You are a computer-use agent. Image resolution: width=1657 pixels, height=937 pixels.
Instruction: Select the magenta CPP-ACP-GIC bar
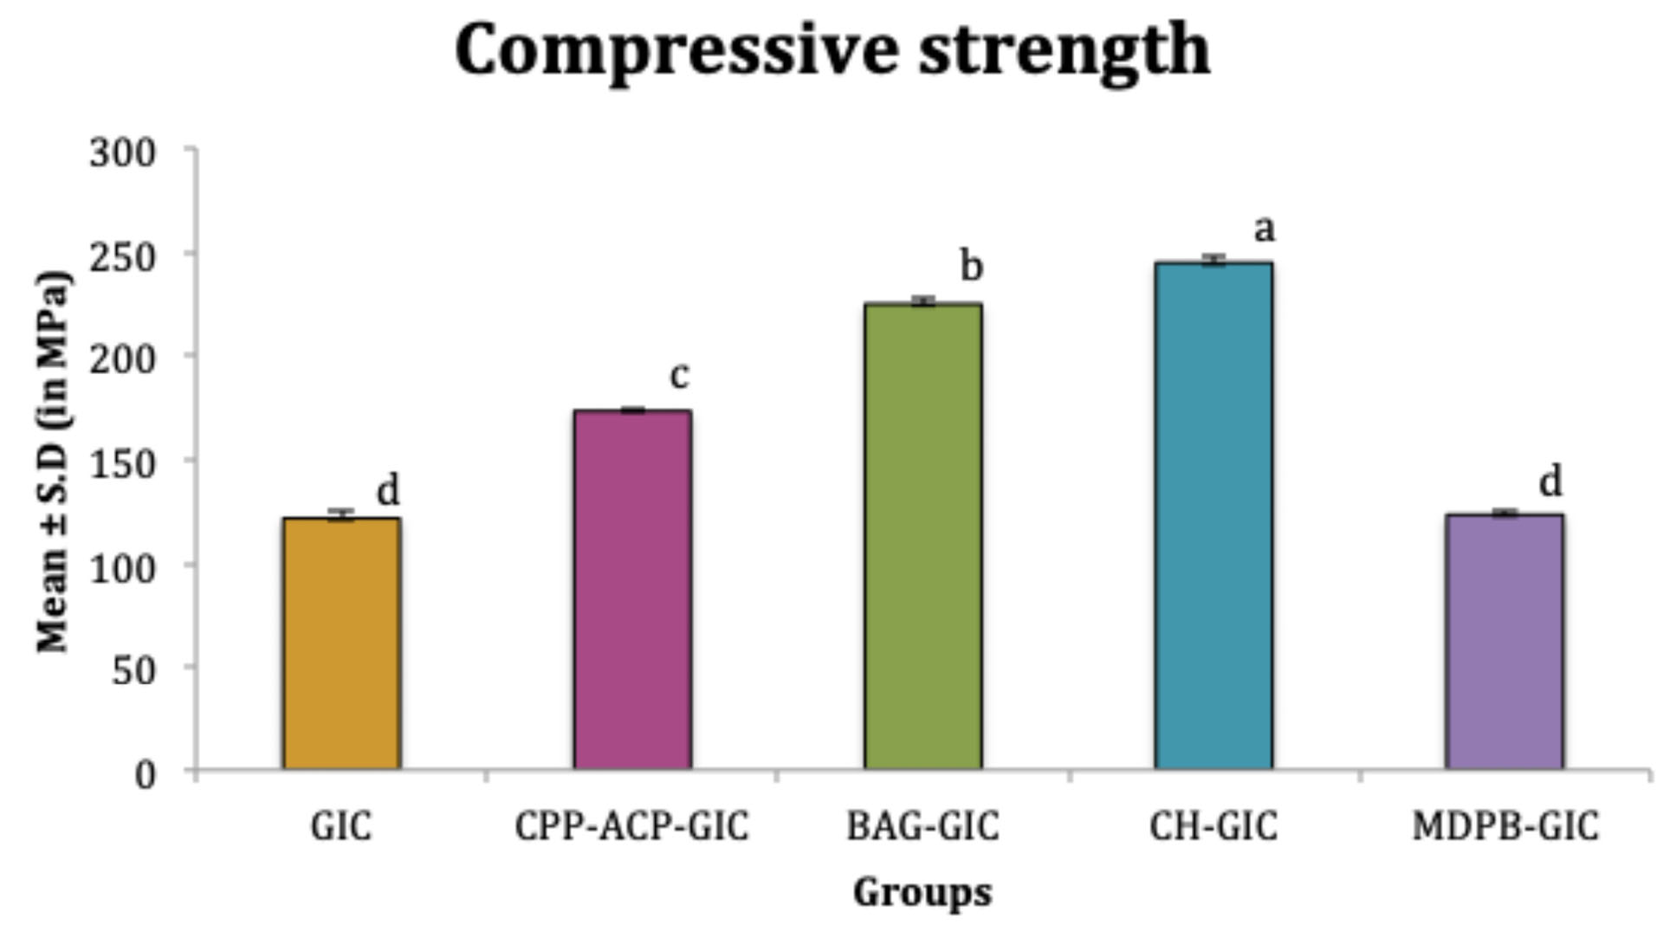tap(632, 590)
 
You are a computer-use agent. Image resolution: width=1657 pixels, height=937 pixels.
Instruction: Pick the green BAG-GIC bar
tap(922, 536)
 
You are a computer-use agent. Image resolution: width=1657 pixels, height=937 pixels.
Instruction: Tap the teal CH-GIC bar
tap(1214, 516)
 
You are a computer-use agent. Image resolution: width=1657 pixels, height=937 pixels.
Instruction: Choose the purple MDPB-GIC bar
tap(1505, 642)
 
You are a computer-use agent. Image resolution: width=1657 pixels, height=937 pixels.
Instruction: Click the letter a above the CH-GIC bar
tap(1265, 229)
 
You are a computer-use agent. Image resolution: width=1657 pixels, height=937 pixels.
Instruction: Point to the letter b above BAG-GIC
tap(972, 266)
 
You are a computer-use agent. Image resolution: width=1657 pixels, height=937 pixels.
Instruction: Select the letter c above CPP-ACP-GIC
tap(680, 375)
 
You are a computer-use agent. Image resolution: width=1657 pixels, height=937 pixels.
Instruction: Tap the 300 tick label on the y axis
tap(122, 153)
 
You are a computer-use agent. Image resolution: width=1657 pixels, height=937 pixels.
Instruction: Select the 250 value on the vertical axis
tap(122, 256)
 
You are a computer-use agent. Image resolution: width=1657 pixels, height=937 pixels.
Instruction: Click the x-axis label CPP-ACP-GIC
tap(631, 826)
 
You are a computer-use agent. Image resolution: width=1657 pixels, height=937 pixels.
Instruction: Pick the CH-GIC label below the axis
tap(1213, 826)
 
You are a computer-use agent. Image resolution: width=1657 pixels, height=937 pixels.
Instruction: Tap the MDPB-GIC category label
tap(1505, 826)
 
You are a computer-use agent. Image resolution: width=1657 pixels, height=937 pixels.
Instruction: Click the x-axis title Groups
tap(922, 892)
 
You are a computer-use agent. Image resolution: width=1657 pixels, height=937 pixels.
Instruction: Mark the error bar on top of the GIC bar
tap(341, 514)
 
